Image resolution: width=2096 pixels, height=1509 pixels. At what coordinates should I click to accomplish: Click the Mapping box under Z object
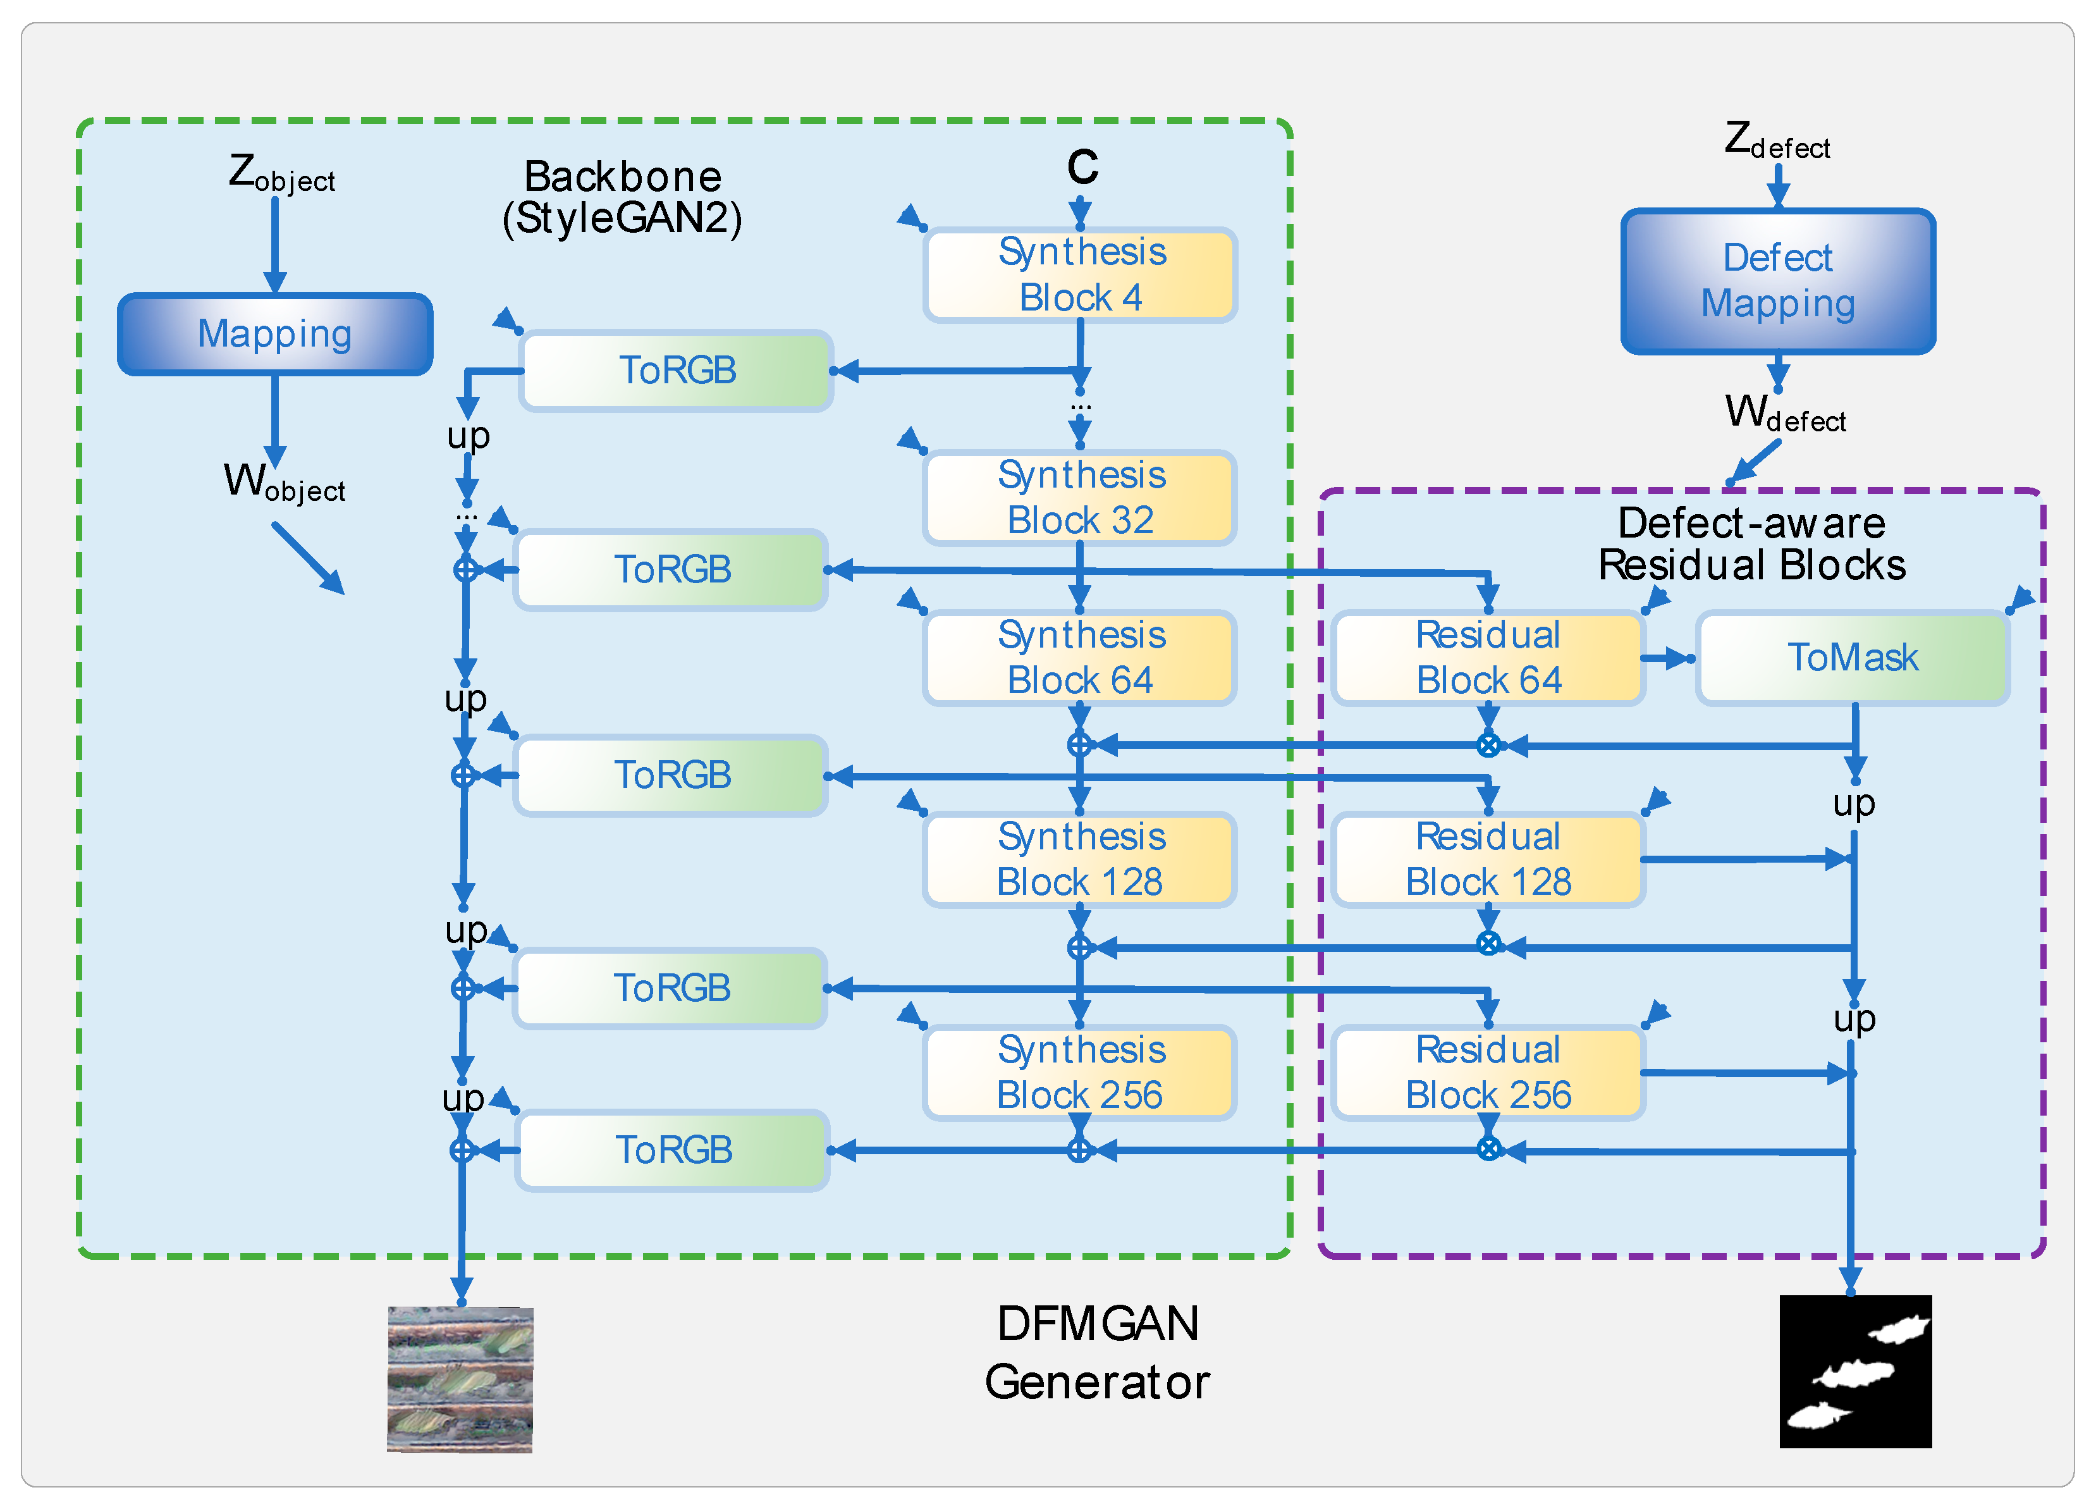click(x=274, y=334)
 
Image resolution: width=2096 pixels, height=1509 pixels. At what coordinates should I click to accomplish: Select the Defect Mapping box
click(x=1777, y=281)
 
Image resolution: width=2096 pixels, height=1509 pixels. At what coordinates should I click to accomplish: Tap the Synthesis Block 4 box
click(x=1079, y=274)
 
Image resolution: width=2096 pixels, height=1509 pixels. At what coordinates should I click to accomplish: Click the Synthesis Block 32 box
click(x=1079, y=498)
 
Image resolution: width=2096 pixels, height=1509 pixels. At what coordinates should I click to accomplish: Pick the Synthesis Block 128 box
click(x=1079, y=859)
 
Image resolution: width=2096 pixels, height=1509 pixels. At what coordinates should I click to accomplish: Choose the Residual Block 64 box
click(x=1488, y=657)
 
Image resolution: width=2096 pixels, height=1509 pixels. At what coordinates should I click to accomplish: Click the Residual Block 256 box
click(x=1488, y=1073)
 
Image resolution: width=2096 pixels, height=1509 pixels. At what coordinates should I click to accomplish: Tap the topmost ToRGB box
click(x=677, y=371)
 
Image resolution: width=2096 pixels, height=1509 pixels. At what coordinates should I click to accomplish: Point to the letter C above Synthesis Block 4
click(x=1082, y=168)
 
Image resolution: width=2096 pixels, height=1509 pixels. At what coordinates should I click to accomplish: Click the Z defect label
click(x=1776, y=140)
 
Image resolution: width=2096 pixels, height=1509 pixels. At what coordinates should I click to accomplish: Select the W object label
click(x=284, y=483)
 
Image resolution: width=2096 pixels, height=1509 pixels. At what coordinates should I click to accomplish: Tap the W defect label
click(x=1784, y=414)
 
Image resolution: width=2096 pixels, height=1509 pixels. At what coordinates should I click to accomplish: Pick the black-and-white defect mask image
click(x=1855, y=1371)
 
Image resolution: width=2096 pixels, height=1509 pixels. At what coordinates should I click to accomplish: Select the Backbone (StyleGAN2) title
click(x=622, y=197)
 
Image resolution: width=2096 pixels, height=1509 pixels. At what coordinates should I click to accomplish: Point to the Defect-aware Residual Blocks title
click(x=1751, y=544)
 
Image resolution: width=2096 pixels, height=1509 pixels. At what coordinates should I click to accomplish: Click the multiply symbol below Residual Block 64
click(x=1488, y=745)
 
